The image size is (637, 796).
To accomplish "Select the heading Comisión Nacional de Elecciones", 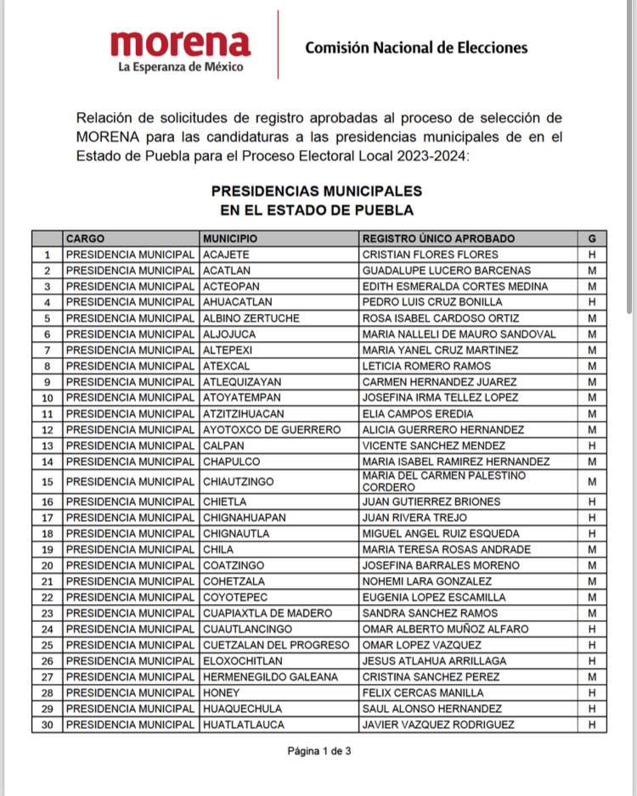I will tap(415, 48).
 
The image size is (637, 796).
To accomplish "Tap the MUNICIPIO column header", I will tap(230, 238).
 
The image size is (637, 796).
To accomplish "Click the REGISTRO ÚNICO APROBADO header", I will tap(438, 238).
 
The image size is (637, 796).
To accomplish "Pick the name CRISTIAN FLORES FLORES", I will tap(430, 255).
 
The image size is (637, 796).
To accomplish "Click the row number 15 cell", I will tap(47, 482).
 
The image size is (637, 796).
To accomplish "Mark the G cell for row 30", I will tap(592, 725).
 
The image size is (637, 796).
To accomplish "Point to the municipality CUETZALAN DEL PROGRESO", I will tap(276, 646).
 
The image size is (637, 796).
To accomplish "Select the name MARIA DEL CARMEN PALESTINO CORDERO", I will tap(443, 482).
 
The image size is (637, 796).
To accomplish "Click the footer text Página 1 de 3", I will tap(318, 751).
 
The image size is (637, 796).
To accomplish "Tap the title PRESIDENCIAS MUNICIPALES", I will tap(316, 192).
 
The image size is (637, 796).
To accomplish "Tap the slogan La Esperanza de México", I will tap(181, 66).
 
